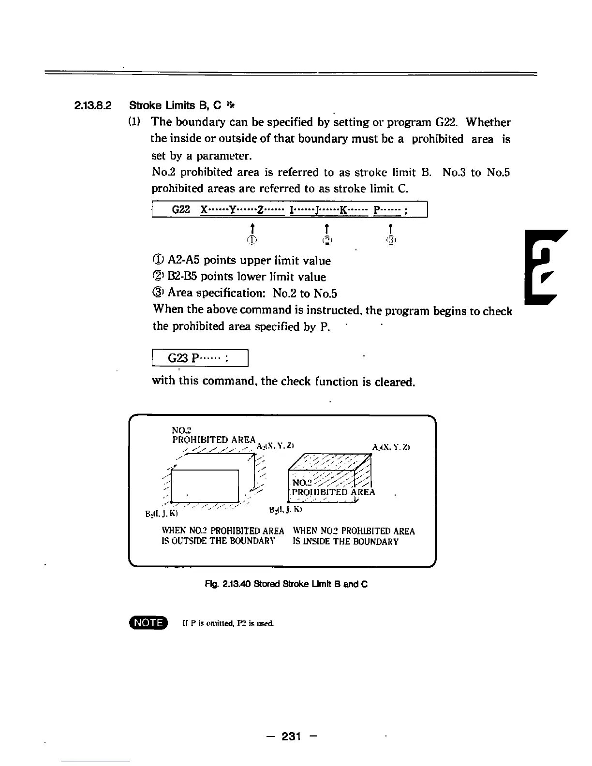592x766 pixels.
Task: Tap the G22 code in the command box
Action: [181, 210]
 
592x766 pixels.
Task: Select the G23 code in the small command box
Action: [177, 358]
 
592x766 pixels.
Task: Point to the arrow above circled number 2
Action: [327, 228]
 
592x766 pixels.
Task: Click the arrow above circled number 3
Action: [390, 228]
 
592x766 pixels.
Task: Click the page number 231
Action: [292, 736]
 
